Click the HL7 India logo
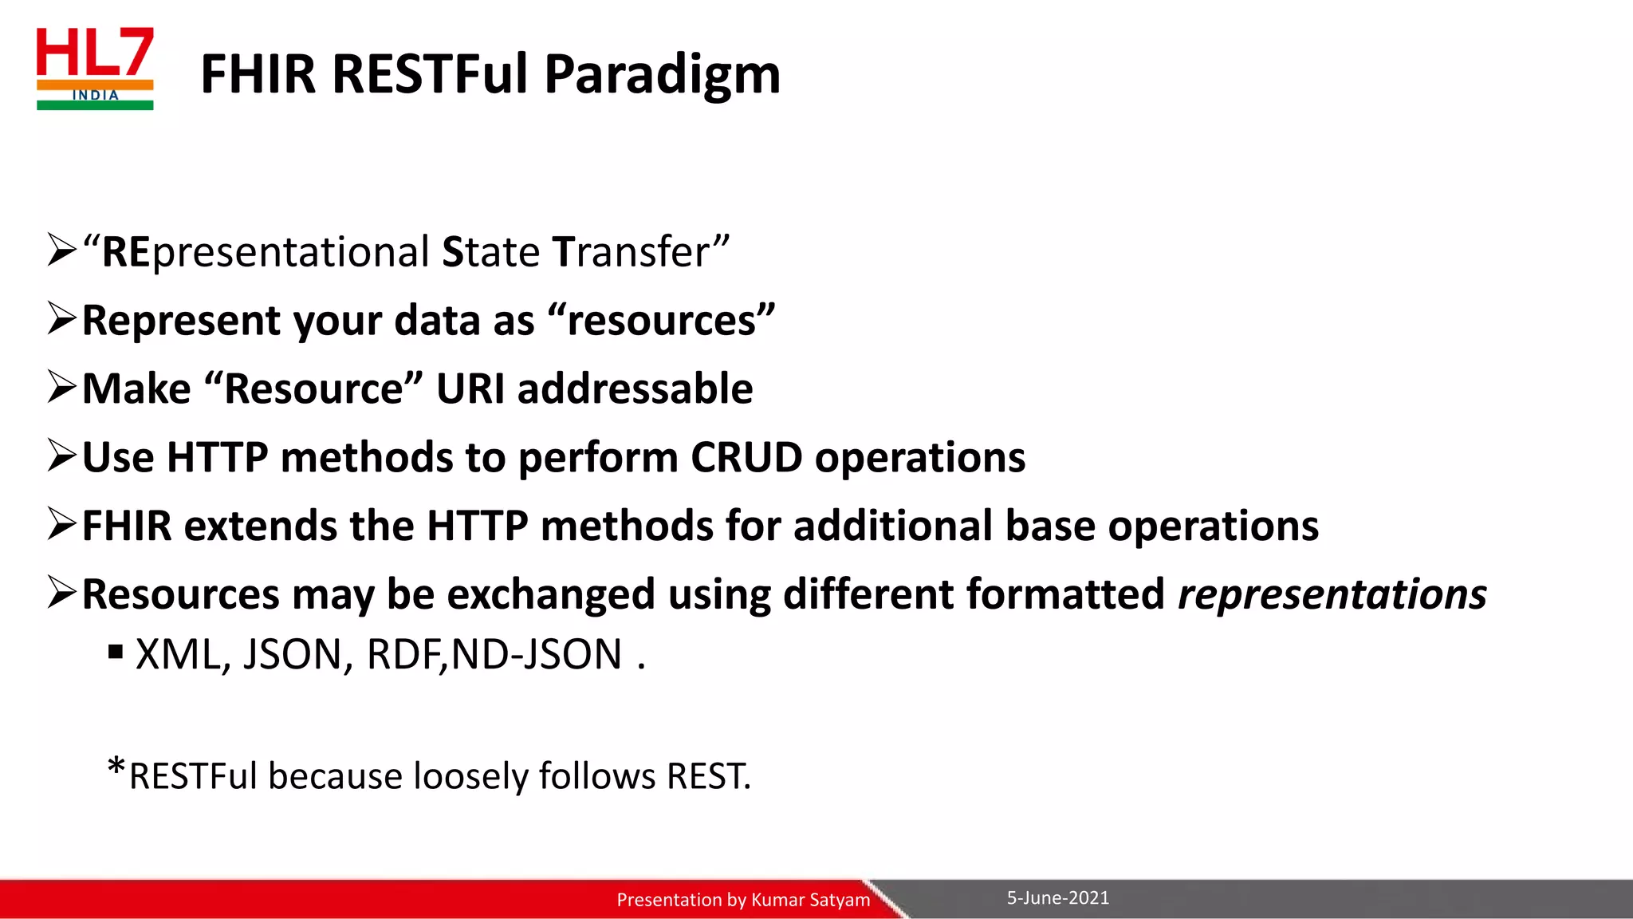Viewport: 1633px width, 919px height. pyautogui.click(x=95, y=69)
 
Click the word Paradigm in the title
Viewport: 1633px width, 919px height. pyautogui.click(x=662, y=74)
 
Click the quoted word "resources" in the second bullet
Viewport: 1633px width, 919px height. pyautogui.click(x=661, y=321)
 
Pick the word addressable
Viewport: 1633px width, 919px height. pyautogui.click(x=635, y=389)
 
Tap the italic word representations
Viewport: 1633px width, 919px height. pyautogui.click(x=1332, y=595)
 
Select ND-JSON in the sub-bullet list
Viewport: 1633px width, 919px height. pyautogui.click(x=536, y=655)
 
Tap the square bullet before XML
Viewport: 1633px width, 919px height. pyautogui.click(x=116, y=653)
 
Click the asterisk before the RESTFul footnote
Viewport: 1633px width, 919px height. pyautogui.click(x=116, y=767)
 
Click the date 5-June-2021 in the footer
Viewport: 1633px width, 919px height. pyautogui.click(x=1057, y=898)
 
